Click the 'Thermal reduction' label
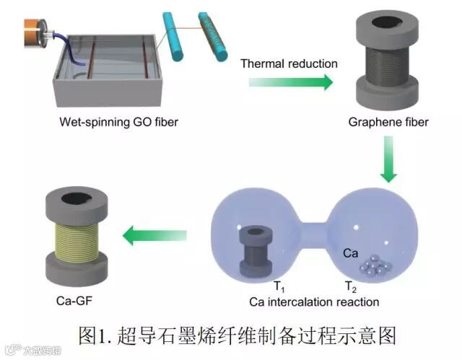coord(289,63)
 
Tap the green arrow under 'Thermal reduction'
coord(290,82)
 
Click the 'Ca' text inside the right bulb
coord(351,254)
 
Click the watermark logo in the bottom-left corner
coord(10,351)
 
